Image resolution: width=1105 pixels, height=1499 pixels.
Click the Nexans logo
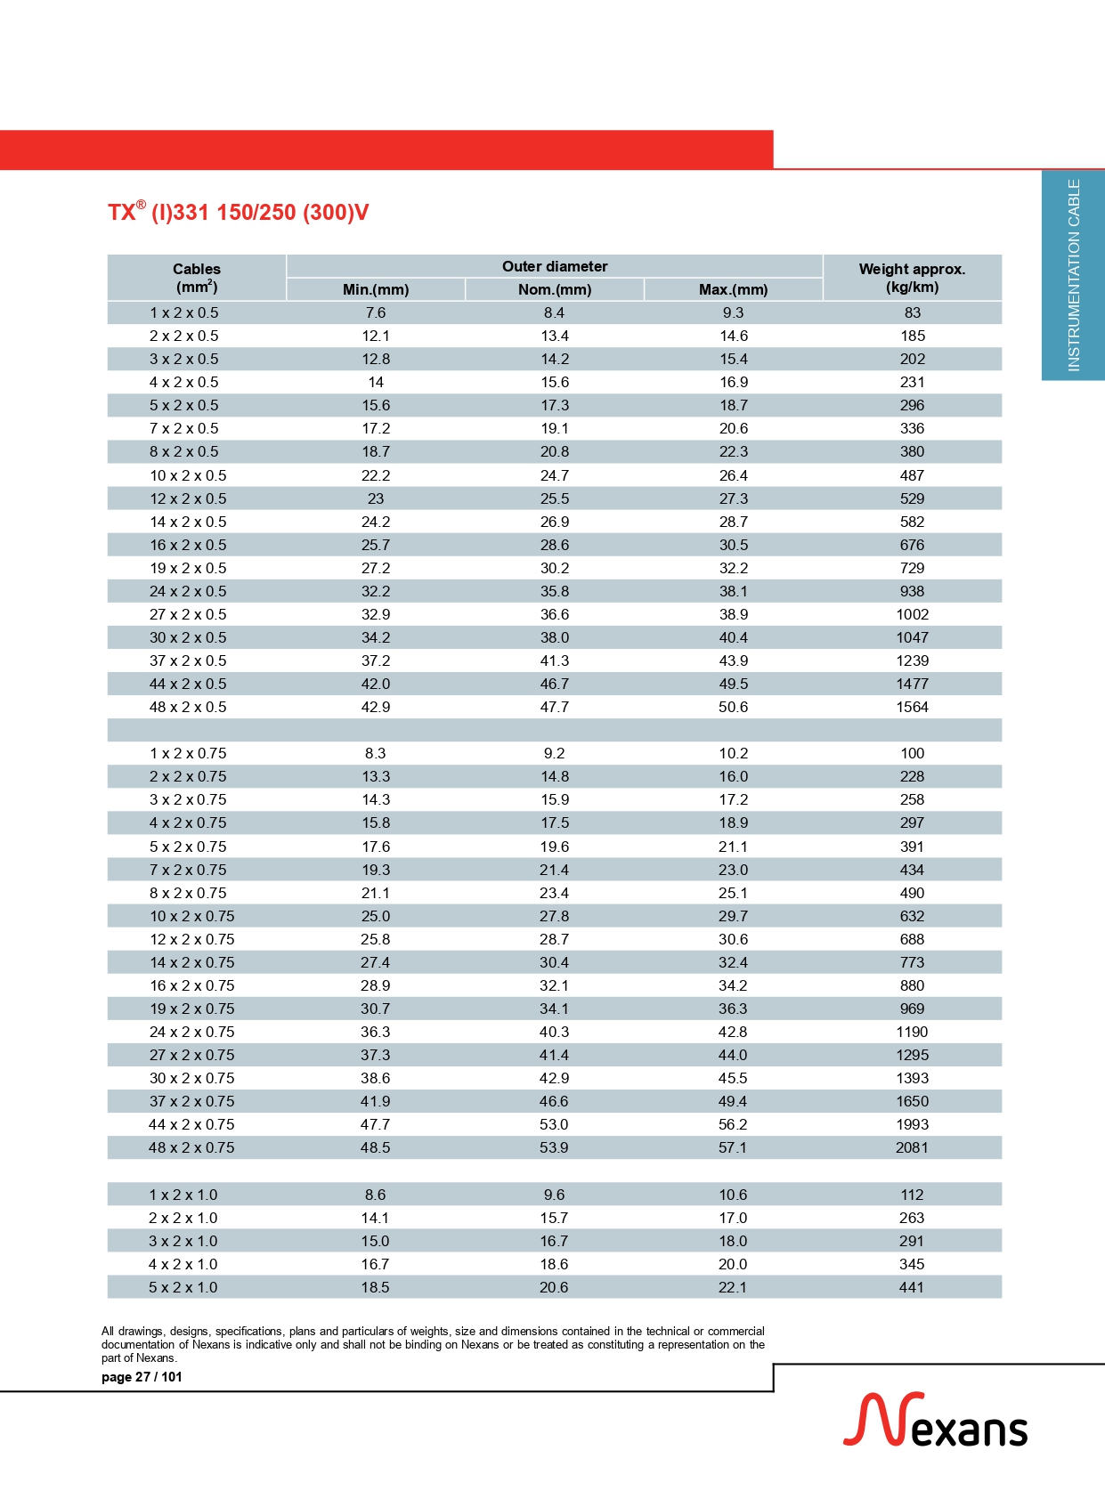pyautogui.click(x=935, y=1421)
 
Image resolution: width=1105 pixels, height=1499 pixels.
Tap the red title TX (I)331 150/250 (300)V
pyautogui.click(x=238, y=213)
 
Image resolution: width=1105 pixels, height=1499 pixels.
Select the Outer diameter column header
pyautogui.click(x=554, y=266)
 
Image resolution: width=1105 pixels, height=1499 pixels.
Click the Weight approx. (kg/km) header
pyautogui.click(x=912, y=278)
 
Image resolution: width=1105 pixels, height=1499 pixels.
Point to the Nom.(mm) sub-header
pyautogui.click(x=554, y=289)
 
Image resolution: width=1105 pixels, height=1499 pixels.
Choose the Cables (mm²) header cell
pyautogui.click(x=196, y=278)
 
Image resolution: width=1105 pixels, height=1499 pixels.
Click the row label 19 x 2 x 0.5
pyautogui.click(x=188, y=568)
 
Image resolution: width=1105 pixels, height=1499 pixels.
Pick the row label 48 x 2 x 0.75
pyautogui.click(x=191, y=1147)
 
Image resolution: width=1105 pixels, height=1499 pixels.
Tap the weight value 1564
pyautogui.click(x=912, y=707)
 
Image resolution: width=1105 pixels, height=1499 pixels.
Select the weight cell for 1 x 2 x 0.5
pyautogui.click(x=912, y=312)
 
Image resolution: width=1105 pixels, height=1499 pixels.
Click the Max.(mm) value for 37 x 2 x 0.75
pyautogui.click(x=733, y=1101)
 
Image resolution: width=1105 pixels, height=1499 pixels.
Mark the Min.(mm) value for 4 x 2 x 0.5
pyautogui.click(x=376, y=382)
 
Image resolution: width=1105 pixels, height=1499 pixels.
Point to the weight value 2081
pyautogui.click(x=912, y=1147)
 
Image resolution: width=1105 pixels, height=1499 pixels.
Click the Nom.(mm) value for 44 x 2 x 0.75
pyautogui.click(x=554, y=1124)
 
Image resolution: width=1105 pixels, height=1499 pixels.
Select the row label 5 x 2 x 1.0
pyautogui.click(x=183, y=1287)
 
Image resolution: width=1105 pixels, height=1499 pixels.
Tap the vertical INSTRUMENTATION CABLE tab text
pyautogui.click(x=1073, y=275)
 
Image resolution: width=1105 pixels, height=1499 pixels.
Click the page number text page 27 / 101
pyautogui.click(x=142, y=1377)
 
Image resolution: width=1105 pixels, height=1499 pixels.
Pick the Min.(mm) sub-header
pyautogui.click(x=376, y=289)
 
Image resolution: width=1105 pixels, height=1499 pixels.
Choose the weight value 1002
pyautogui.click(x=912, y=614)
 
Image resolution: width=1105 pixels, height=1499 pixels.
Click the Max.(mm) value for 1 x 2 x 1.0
pyautogui.click(x=733, y=1195)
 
